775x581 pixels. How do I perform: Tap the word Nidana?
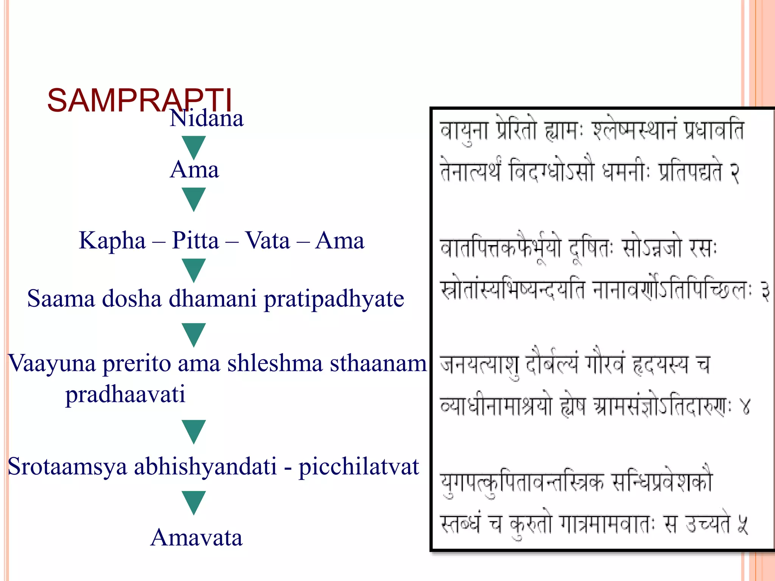[207, 118]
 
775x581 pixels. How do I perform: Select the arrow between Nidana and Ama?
[194, 148]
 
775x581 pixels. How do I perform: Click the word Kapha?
[112, 241]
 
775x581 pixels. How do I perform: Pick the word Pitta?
[195, 241]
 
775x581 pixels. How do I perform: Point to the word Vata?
[267, 241]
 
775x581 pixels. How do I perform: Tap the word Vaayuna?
[51, 364]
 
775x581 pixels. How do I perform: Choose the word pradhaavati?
[125, 395]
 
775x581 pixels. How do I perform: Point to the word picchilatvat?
[358, 467]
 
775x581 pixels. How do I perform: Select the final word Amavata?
[196, 538]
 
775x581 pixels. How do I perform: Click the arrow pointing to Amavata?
[194, 503]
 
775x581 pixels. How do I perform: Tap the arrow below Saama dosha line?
[194, 335]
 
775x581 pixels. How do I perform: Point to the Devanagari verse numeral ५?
[742, 525]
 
